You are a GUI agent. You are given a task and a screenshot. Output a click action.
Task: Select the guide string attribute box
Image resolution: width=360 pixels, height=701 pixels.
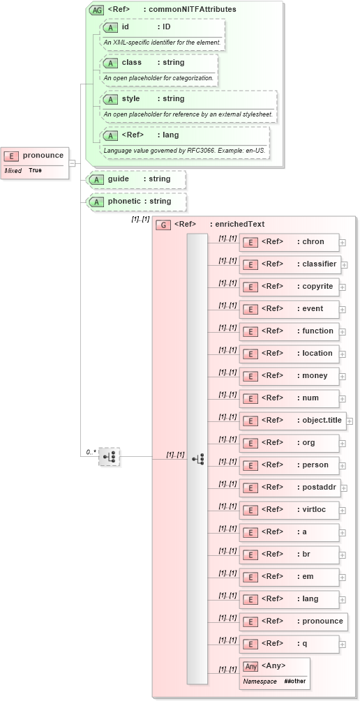click(x=137, y=179)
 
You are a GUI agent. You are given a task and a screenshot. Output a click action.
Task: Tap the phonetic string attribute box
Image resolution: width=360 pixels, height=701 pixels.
click(x=137, y=202)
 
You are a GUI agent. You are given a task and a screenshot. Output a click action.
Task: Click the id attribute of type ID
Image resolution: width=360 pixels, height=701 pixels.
click(x=160, y=27)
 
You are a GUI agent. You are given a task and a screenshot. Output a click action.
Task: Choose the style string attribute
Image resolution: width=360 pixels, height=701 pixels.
click(x=188, y=99)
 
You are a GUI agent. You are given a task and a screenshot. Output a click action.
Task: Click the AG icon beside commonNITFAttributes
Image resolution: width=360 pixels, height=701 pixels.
click(x=96, y=10)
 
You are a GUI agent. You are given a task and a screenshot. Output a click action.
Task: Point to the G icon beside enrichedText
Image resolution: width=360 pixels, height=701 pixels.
click(x=163, y=225)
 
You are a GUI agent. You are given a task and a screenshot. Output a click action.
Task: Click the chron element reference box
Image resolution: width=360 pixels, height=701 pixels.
click(x=289, y=242)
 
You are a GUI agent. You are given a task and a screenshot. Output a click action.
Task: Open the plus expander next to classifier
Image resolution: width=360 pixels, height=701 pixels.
click(x=345, y=265)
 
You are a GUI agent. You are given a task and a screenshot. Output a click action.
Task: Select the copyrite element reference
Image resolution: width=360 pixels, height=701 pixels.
click(x=289, y=287)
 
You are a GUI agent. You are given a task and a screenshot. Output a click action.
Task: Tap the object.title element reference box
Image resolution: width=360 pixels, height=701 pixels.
click(x=292, y=421)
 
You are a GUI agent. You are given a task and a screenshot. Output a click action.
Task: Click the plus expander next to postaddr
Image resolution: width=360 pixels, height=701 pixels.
click(x=343, y=488)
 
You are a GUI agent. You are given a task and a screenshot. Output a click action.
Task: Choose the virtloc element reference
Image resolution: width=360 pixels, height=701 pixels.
click(x=289, y=510)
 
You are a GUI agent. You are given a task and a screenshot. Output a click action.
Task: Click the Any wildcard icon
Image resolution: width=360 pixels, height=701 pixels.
click(x=250, y=666)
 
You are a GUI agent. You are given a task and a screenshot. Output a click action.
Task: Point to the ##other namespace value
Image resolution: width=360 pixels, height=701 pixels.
click(x=294, y=681)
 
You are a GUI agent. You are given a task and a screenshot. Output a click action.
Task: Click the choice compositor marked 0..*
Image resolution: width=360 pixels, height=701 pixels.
click(x=110, y=457)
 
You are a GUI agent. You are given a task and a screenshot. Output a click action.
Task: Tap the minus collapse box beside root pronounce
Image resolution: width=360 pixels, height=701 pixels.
click(x=72, y=163)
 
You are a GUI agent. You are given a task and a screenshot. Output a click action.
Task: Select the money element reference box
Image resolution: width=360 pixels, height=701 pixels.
click(x=289, y=376)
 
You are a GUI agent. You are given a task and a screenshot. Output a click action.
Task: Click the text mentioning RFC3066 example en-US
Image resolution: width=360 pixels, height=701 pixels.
click(x=185, y=150)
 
